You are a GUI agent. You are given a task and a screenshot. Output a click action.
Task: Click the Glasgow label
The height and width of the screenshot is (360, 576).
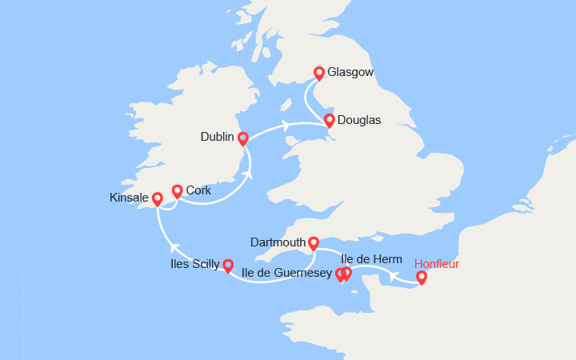pos(350,73)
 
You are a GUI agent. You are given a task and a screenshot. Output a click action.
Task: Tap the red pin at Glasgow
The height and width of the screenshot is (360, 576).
pos(319,73)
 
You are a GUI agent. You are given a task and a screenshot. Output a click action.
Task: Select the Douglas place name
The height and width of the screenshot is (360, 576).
pos(359,121)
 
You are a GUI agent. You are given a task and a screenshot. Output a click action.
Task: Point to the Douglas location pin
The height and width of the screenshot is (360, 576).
pos(329,121)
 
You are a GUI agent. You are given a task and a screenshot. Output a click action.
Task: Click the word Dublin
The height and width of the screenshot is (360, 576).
pos(217,138)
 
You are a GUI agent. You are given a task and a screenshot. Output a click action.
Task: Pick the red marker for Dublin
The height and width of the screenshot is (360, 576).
pos(243,138)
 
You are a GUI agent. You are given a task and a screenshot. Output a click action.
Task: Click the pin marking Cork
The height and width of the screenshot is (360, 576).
pos(177,191)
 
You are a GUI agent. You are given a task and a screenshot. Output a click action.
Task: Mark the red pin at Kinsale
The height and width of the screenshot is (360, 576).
pos(158,198)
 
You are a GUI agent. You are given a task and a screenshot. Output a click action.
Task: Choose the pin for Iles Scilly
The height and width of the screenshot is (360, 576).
pos(228,265)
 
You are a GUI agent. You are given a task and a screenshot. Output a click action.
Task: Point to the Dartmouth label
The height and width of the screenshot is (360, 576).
pos(277,242)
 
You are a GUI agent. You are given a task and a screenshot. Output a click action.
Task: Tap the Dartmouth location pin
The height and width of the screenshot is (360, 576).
pos(314,242)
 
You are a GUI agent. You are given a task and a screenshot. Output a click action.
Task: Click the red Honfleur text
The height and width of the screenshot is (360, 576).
pos(437,264)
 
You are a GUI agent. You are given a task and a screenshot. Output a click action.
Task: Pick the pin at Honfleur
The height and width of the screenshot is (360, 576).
pos(422,278)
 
